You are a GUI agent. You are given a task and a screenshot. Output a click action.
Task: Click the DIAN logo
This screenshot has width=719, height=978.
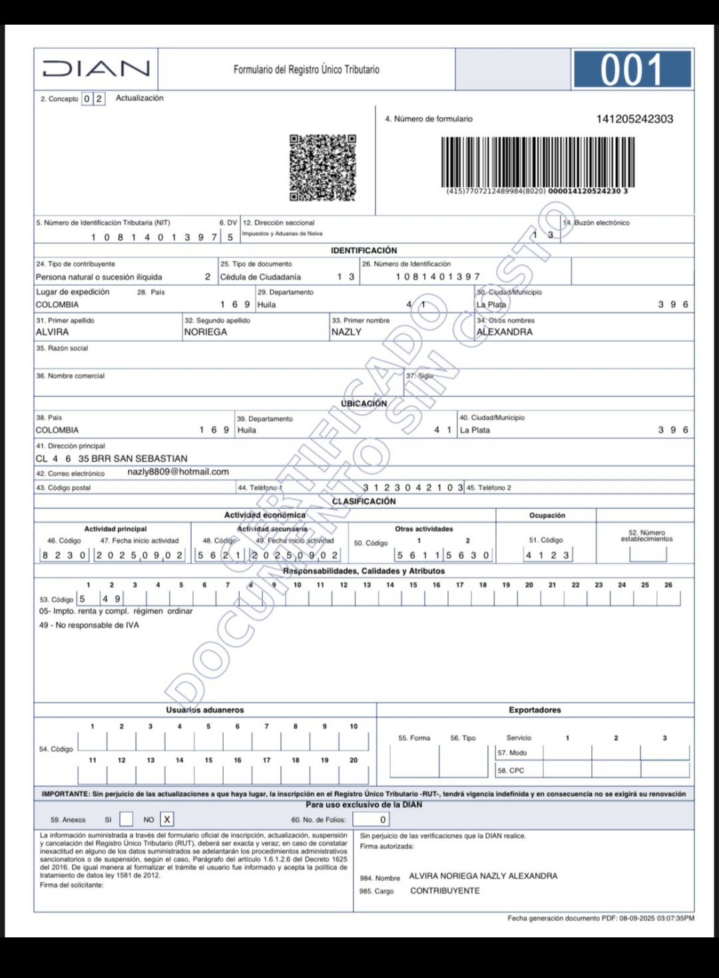(x=96, y=69)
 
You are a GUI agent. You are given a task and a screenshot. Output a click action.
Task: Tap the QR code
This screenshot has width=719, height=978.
(x=323, y=167)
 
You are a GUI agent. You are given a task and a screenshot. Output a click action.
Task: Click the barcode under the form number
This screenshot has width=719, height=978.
(x=537, y=162)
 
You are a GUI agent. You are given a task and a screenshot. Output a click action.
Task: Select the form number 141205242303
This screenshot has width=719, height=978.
(x=634, y=119)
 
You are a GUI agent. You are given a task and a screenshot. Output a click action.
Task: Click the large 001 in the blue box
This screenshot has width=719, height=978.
(x=631, y=70)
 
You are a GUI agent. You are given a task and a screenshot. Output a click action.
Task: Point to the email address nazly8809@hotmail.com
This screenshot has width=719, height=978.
(x=178, y=472)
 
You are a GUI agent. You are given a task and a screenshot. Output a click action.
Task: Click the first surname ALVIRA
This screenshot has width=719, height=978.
(x=52, y=332)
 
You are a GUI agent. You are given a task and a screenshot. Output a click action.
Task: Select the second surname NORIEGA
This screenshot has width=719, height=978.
(x=205, y=332)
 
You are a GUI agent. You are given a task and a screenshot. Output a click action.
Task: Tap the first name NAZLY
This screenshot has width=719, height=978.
(x=346, y=332)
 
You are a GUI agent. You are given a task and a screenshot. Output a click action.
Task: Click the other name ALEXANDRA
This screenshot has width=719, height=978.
(x=504, y=332)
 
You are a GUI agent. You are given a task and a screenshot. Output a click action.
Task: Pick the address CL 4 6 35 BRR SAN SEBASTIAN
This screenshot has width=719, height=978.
(x=111, y=458)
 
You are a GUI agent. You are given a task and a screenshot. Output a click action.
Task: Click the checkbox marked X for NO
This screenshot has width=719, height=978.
(x=166, y=819)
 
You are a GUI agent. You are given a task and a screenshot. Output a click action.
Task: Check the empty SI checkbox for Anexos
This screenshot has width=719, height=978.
(x=126, y=819)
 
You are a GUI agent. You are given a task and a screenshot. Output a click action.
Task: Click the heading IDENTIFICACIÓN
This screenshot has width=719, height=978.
(x=363, y=250)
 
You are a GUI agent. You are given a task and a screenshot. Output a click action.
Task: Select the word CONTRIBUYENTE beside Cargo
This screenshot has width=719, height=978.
(x=445, y=891)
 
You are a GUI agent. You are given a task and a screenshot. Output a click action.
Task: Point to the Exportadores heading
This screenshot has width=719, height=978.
(x=535, y=710)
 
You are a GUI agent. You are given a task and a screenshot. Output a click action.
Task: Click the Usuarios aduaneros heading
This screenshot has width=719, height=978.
(x=205, y=710)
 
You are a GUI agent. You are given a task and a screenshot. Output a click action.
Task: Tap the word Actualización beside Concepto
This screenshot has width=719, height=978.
(x=139, y=98)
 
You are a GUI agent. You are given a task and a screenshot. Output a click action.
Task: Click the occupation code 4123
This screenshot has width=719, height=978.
(x=547, y=555)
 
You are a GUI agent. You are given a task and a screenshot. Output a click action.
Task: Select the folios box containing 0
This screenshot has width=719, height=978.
(x=371, y=819)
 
